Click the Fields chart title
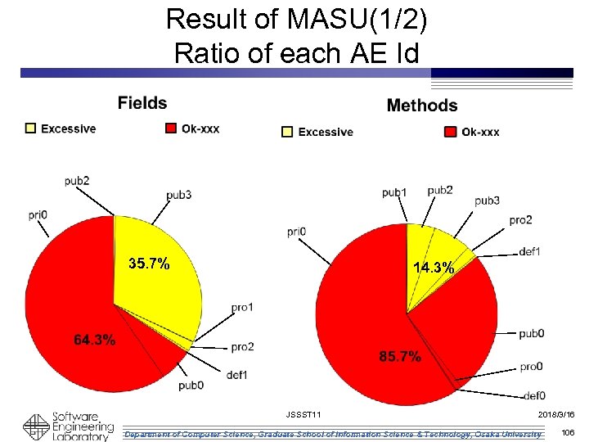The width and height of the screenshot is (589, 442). tap(142, 103)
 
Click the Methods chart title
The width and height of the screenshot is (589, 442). tap(421, 106)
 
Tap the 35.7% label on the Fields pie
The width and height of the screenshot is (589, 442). tap(150, 264)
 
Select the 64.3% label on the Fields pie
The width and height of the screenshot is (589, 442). tap(94, 340)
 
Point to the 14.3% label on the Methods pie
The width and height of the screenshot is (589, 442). tap(434, 268)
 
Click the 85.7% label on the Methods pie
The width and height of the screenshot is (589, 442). tap(400, 357)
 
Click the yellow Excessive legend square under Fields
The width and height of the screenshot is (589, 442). tap(31, 129)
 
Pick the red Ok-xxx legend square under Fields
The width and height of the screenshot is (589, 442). tap(170, 129)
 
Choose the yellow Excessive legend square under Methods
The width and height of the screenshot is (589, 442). tap(287, 132)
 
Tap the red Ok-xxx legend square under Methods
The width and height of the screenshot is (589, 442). tap(450, 132)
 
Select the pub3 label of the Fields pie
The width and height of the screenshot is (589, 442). tap(178, 195)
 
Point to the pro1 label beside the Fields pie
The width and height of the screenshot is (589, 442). tap(242, 307)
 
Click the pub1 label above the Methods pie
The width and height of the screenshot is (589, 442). tap(393, 193)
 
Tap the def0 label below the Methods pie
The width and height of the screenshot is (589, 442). tap(533, 396)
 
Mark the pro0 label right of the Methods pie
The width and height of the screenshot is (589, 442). tap(531, 366)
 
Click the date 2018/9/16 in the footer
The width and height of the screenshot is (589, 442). tap(556, 416)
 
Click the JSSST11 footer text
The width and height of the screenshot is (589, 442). tap(303, 416)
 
